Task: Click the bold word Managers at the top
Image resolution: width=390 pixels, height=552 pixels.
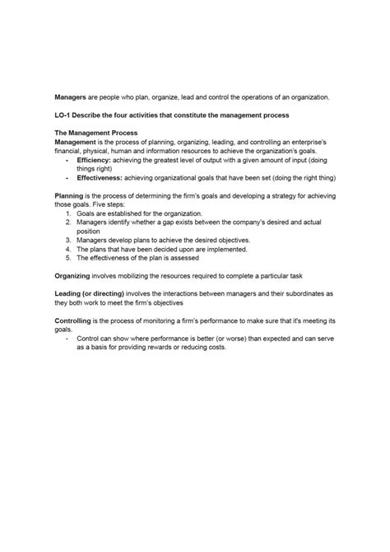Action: coord(71,96)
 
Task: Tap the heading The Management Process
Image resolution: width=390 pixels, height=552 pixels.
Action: coord(95,132)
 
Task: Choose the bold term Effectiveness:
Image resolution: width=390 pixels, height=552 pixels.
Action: coord(101,177)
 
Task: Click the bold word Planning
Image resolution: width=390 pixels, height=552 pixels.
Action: coord(70,195)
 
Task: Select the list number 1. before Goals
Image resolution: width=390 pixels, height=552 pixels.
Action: coord(67,213)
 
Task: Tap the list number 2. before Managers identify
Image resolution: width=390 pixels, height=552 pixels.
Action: coord(67,222)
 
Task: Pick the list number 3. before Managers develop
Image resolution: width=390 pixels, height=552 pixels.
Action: coord(67,241)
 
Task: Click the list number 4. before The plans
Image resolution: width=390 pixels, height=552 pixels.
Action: coord(67,249)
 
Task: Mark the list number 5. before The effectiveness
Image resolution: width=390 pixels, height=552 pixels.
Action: coord(67,258)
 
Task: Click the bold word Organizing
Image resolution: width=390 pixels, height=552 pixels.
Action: coord(75,276)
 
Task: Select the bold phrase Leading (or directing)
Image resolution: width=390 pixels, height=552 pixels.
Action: coord(93,294)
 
